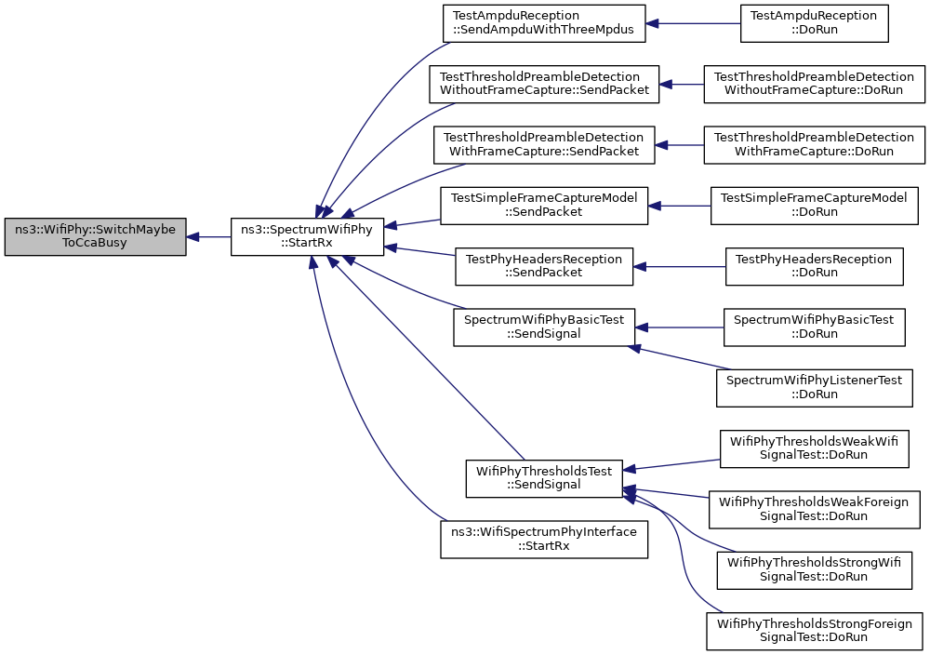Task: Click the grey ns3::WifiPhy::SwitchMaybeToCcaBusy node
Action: coord(95,236)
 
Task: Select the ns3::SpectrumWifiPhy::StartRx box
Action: coord(307,236)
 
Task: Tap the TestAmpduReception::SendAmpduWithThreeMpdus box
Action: coord(544,24)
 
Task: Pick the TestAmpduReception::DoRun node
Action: coord(815,24)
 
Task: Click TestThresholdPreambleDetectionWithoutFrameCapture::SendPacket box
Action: coord(544,85)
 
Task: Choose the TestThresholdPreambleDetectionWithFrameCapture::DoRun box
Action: coord(815,145)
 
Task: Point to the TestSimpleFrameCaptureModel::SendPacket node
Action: coord(544,206)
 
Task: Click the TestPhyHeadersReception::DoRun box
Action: coord(815,266)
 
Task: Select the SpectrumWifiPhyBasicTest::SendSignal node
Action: coord(544,327)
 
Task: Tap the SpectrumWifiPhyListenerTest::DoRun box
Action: coord(815,387)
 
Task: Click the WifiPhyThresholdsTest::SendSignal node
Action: coord(544,478)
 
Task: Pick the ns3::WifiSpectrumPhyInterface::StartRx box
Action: coord(544,539)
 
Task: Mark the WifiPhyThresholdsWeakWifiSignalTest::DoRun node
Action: coord(815,448)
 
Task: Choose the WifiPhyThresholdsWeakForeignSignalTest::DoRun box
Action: coord(815,509)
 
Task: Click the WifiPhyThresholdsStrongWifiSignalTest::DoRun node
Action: coord(815,569)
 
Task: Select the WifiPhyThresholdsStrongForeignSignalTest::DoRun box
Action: coord(815,631)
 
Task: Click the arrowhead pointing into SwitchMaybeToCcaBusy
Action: coord(193,236)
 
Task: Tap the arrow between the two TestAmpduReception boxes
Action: coord(693,24)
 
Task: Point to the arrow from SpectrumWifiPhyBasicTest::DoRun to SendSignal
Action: coord(679,327)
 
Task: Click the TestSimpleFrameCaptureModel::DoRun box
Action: coord(815,206)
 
